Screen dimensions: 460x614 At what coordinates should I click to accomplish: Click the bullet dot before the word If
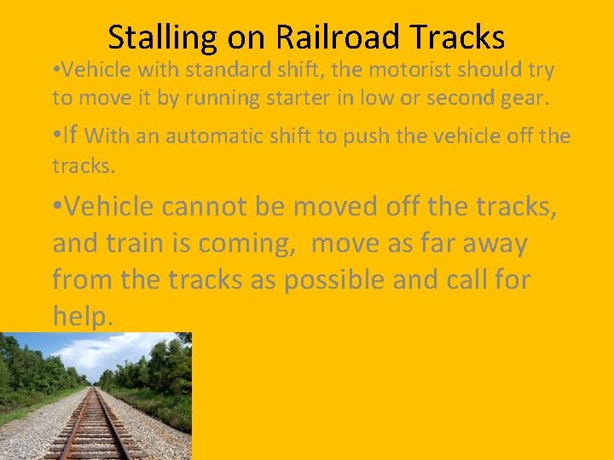click(57, 135)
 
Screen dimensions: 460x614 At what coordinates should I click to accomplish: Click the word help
click(83, 316)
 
